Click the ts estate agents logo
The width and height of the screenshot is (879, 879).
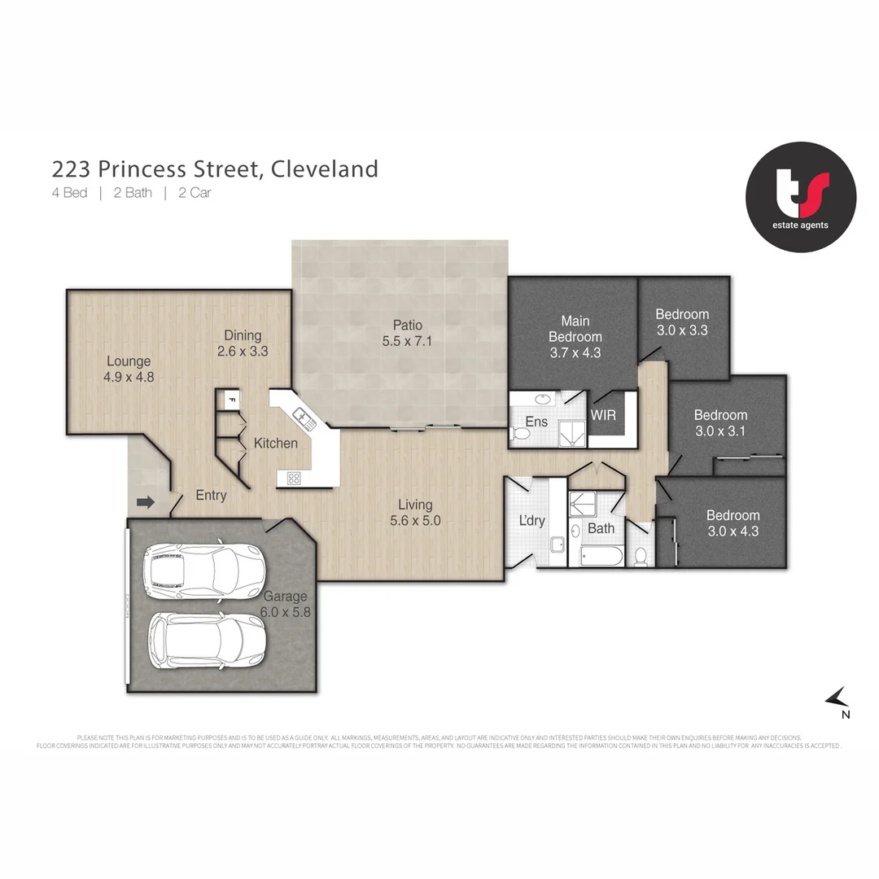tap(801, 197)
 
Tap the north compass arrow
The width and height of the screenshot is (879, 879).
tap(837, 698)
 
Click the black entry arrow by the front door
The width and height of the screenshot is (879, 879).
tap(146, 502)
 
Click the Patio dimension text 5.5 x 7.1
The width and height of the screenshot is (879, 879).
tap(407, 342)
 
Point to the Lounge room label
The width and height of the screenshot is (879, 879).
tap(129, 361)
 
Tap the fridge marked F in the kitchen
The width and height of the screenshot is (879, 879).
tap(230, 400)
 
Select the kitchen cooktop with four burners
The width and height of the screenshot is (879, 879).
tap(293, 479)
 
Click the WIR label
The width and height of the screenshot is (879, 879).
tap(603, 415)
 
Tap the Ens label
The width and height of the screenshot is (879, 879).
tap(536, 422)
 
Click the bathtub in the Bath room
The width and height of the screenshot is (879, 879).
tap(601, 557)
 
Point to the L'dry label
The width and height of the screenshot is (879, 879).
tap(531, 521)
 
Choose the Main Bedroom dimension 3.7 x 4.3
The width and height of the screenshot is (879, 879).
tap(575, 353)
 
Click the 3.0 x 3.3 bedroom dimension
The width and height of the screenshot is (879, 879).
tap(682, 330)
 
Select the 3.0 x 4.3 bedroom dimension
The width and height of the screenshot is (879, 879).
tap(732, 531)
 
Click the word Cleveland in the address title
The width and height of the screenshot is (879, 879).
tap(324, 168)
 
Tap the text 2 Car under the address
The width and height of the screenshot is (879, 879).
tap(195, 194)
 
